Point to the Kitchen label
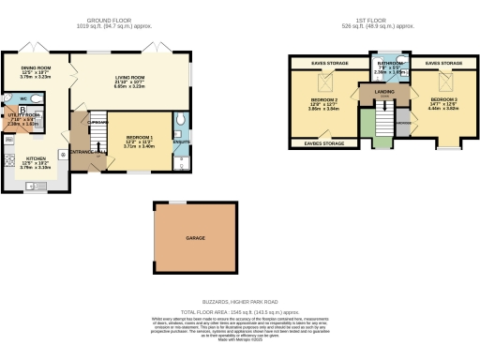(36, 158)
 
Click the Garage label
(194, 239)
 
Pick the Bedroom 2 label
(323, 98)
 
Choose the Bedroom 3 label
(443, 98)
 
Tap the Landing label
(384, 91)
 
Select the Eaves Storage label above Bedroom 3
(442, 63)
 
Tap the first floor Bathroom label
(390, 63)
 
